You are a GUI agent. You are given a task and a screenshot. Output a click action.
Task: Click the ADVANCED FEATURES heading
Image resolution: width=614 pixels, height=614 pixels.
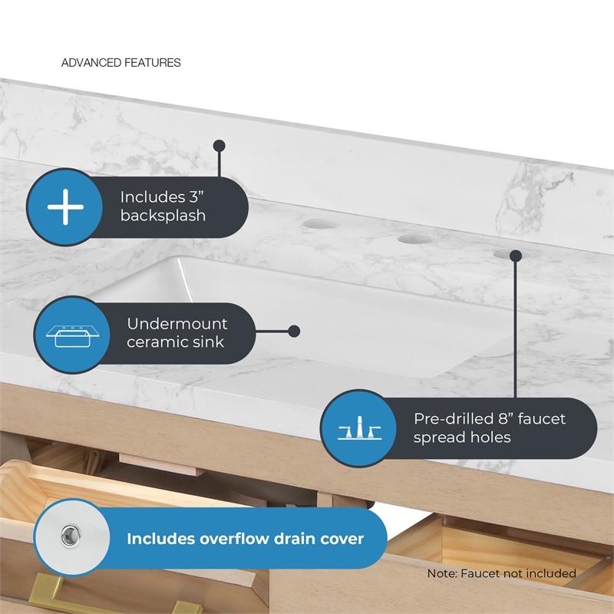121,63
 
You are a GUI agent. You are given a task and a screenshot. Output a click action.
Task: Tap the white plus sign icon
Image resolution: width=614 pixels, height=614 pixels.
65,206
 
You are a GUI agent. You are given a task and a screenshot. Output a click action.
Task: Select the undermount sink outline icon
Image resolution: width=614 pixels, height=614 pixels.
72,336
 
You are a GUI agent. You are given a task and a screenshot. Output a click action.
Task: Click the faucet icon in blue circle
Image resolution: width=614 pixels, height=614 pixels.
359,428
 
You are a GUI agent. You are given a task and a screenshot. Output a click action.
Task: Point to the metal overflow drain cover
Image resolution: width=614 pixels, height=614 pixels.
71,535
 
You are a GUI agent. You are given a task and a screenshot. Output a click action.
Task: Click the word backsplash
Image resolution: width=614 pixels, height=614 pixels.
163,216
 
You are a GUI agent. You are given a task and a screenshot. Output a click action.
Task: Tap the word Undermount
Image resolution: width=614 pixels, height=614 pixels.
177,324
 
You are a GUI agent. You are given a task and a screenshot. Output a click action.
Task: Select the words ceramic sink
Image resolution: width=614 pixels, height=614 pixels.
175,342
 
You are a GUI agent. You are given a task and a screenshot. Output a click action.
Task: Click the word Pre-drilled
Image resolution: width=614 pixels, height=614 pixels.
453,419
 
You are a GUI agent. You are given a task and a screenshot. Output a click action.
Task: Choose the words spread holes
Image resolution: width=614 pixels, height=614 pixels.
462,437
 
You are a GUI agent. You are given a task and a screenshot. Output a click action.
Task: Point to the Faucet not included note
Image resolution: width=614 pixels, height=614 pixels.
502,573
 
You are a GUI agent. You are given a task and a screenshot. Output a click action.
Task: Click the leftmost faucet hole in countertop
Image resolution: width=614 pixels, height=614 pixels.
321,224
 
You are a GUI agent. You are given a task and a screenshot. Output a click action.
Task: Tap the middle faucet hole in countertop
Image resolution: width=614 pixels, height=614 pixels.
415,239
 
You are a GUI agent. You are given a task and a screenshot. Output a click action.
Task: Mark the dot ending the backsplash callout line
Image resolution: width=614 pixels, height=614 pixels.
220,146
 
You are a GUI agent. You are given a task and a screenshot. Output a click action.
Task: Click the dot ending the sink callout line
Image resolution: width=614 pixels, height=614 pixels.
294,332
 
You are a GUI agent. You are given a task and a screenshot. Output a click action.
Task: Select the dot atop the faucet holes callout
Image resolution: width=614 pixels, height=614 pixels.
516,256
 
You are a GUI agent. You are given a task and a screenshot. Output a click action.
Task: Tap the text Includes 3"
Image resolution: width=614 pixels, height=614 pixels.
162,197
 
